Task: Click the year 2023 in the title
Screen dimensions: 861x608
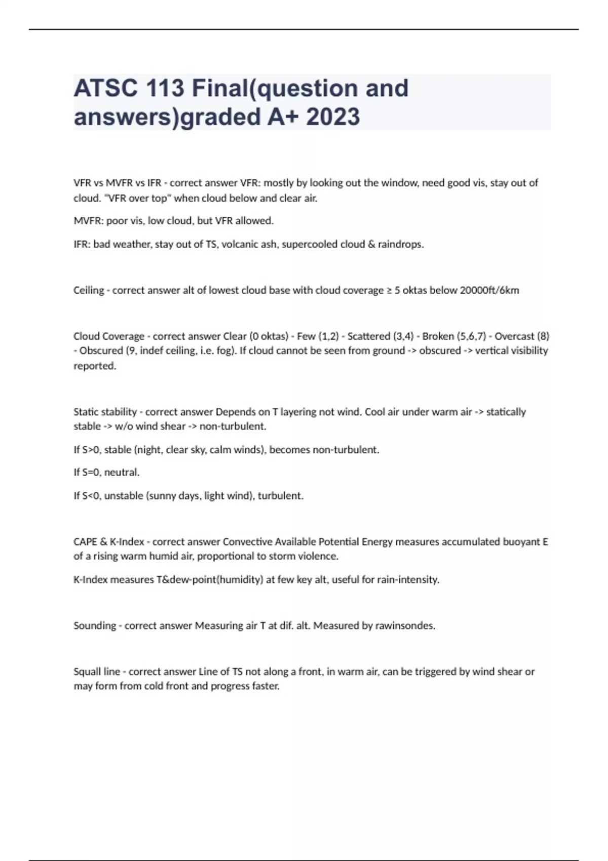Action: tap(333, 117)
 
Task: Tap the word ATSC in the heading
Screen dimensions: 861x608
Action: tap(105, 89)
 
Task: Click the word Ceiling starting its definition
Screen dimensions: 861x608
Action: tap(89, 290)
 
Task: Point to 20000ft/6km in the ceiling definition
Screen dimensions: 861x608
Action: tap(489, 290)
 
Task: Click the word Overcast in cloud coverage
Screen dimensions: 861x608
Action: tap(514, 336)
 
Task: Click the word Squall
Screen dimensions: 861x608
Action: tap(87, 672)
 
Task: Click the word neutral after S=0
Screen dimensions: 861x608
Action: tap(123, 473)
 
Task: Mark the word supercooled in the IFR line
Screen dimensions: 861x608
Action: tap(309, 244)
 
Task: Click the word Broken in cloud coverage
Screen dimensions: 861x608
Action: tap(438, 336)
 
